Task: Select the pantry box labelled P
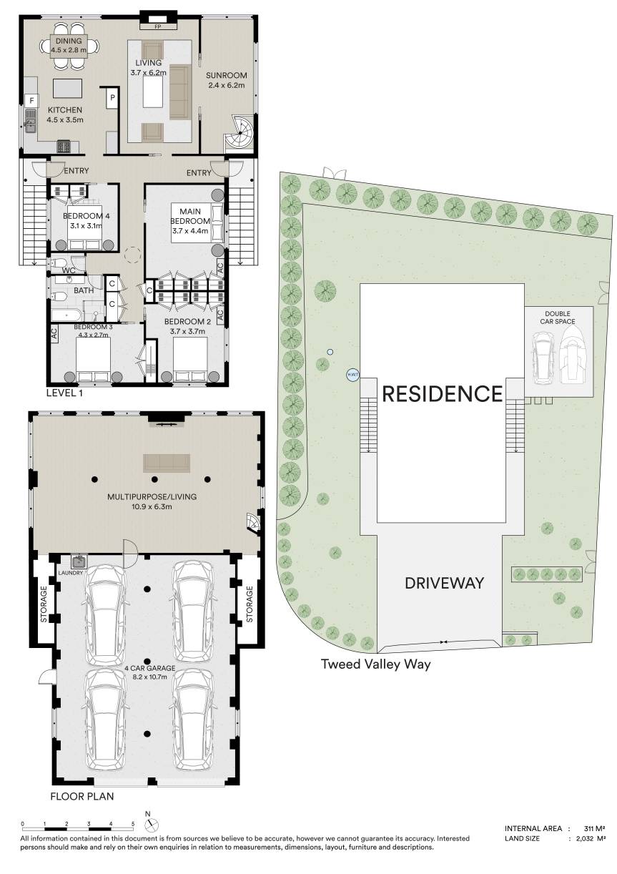click(113, 99)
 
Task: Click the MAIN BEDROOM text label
click(189, 215)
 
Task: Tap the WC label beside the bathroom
click(69, 271)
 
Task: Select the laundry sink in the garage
click(79, 561)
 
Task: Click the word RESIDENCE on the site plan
click(442, 393)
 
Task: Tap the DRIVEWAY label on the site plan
click(444, 583)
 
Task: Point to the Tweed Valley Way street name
click(375, 664)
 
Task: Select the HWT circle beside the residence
click(352, 374)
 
